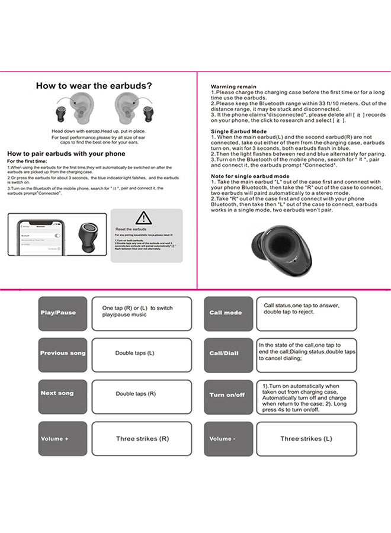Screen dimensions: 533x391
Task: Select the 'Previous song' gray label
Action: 62,354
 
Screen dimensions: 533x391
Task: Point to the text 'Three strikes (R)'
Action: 142,439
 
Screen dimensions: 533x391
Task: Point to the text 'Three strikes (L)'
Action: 306,439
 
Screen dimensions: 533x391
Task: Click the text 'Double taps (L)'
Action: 134,353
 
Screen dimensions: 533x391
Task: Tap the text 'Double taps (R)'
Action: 136,393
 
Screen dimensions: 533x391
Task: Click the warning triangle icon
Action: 143,217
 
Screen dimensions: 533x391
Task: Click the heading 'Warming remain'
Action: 234,86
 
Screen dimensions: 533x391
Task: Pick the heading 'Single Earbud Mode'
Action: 239,131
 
